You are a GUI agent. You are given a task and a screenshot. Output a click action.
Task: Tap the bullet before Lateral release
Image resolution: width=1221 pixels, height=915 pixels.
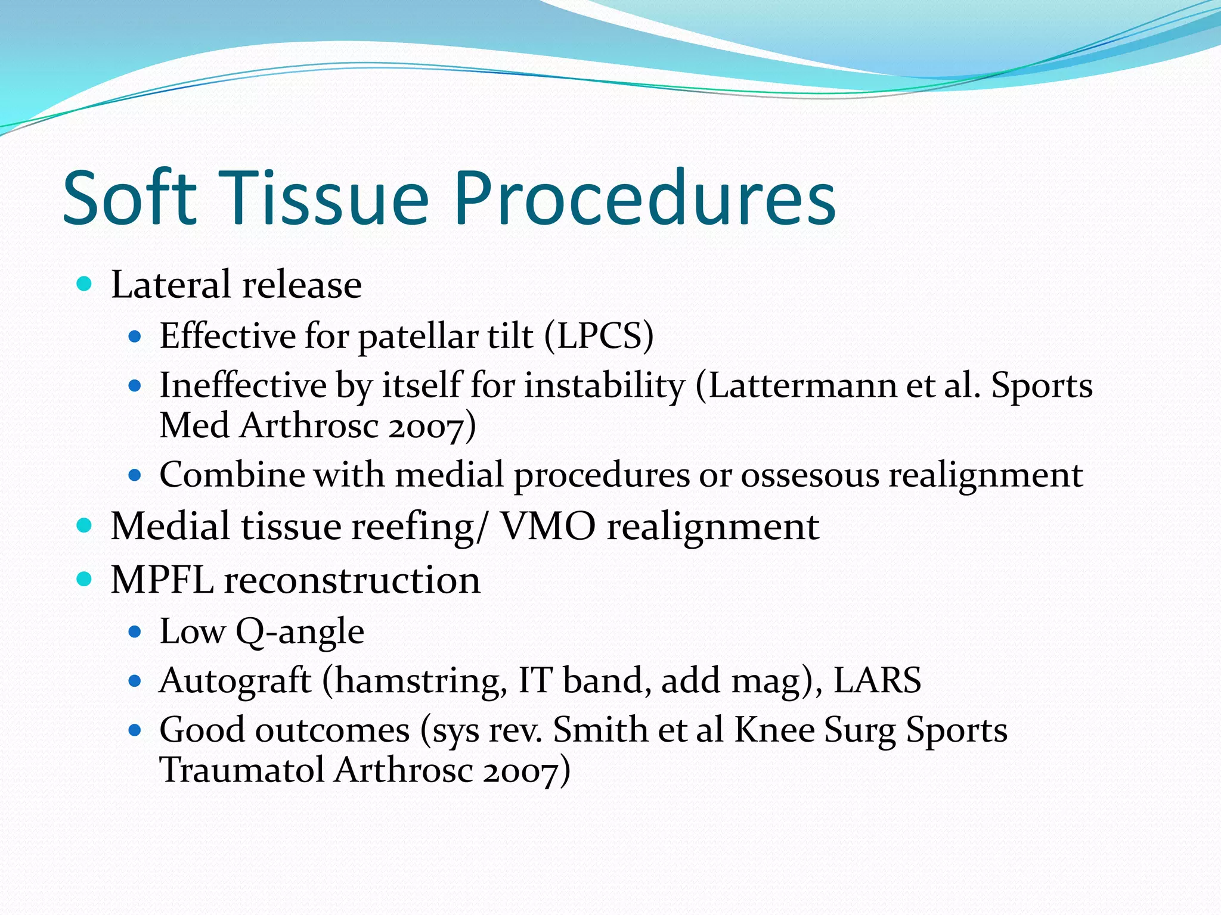click(85, 284)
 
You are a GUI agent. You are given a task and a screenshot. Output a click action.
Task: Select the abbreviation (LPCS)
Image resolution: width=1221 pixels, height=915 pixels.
click(599, 336)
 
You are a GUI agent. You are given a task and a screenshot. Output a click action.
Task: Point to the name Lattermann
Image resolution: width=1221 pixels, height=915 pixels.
click(802, 385)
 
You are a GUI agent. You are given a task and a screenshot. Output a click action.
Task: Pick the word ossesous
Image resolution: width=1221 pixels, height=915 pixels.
click(810, 475)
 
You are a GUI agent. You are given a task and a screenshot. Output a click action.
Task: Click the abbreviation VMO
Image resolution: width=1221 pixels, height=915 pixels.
click(547, 527)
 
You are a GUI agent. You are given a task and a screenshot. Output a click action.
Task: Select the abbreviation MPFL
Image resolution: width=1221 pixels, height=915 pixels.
click(162, 580)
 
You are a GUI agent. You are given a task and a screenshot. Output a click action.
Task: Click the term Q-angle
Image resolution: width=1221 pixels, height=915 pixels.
click(300, 632)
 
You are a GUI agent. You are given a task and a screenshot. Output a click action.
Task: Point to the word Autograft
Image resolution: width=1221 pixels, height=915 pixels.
click(235, 680)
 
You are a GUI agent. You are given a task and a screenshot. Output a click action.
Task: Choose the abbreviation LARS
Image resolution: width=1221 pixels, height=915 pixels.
click(877, 680)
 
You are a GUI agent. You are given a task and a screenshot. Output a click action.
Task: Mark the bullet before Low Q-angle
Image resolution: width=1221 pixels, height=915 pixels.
click(135, 631)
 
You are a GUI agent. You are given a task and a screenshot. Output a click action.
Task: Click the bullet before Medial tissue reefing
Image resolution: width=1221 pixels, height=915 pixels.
click(85, 525)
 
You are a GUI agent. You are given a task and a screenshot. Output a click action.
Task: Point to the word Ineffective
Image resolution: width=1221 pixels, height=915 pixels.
click(243, 385)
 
